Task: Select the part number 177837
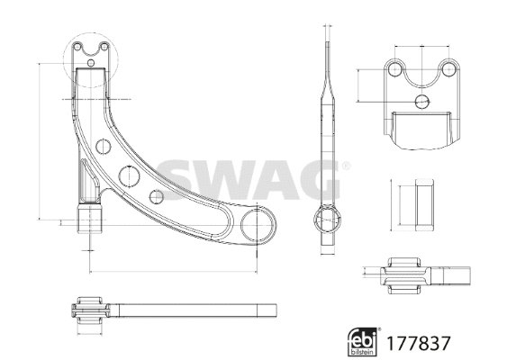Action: tap(417, 342)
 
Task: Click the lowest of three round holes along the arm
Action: tap(157, 195)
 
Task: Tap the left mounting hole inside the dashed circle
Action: tap(78, 47)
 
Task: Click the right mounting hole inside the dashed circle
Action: tap(104, 47)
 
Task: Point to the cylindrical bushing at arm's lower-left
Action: tap(90, 220)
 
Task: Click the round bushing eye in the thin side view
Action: tap(329, 218)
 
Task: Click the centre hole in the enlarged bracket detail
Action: tap(421, 101)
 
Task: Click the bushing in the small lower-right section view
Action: tap(406, 274)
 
